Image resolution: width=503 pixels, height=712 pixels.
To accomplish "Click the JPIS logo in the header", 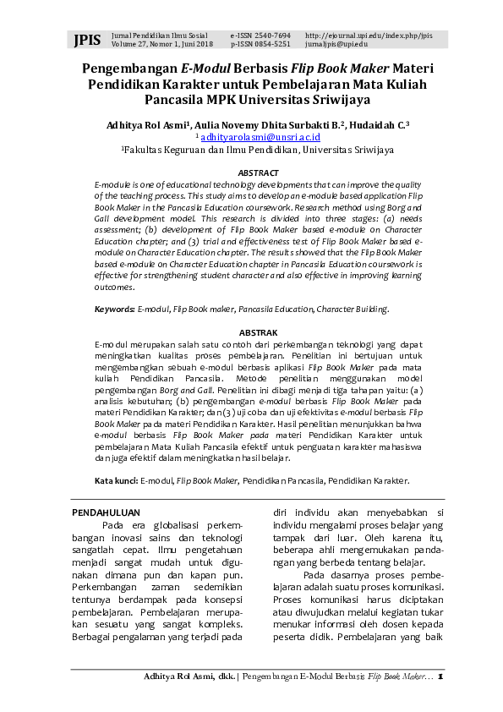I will (x=87, y=40).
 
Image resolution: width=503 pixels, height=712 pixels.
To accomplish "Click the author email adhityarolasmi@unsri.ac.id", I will (x=260, y=136).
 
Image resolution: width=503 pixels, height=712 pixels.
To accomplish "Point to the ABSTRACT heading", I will (x=259, y=173).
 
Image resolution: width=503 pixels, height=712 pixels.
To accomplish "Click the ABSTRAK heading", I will (x=259, y=333).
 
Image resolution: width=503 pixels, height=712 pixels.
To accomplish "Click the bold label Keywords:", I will (x=114, y=310).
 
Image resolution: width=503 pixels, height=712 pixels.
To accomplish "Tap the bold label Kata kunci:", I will (x=116, y=480).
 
